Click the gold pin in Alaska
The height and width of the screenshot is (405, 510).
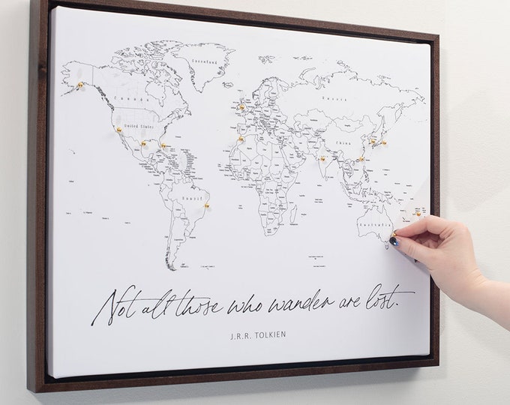pyautogui.click(x=80, y=85)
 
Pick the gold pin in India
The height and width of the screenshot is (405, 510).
pyautogui.click(x=323, y=158)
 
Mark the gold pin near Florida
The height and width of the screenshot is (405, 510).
pyautogui.click(x=163, y=145)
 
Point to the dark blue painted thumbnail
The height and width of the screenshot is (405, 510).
pyautogui.click(x=394, y=240)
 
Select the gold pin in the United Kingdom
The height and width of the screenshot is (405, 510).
pyautogui.click(x=242, y=107)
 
